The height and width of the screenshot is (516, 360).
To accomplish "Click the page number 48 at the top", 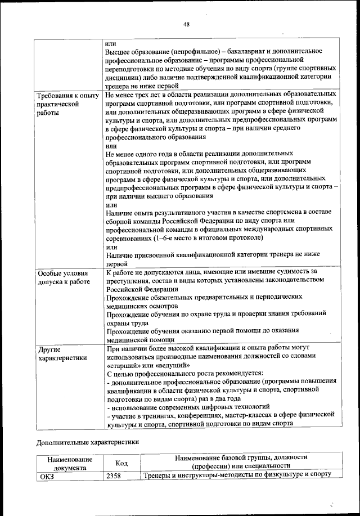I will coord(186,24).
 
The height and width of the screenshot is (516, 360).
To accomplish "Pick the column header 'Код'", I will coord(120,463).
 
